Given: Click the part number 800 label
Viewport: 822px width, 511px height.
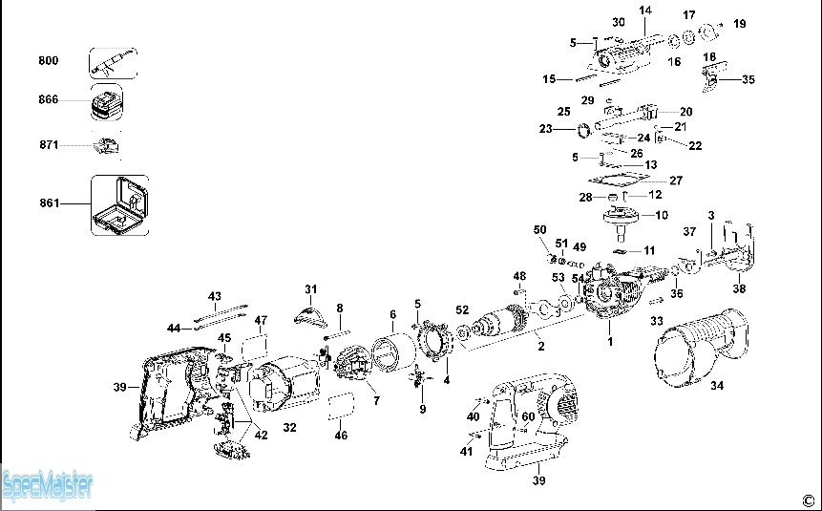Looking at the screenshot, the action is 49,60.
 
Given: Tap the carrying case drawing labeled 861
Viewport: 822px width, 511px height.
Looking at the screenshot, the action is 120,205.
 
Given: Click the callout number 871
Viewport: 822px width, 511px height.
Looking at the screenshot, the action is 49,144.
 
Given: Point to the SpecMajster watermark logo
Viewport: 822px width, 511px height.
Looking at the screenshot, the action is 48,486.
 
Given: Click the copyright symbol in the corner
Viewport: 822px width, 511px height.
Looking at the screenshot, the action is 808,500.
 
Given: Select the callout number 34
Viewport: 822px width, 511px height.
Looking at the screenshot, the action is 717,386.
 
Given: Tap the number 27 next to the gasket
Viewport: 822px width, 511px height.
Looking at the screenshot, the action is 676,181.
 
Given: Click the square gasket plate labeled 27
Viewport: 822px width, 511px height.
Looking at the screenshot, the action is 619,179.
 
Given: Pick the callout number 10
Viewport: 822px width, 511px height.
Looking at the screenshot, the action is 662,215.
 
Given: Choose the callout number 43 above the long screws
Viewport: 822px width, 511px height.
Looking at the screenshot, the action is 215,296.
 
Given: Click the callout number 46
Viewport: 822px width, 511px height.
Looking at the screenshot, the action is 341,435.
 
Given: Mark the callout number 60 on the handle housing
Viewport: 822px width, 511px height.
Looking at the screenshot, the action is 529,416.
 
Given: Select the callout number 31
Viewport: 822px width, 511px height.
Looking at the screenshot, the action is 311,289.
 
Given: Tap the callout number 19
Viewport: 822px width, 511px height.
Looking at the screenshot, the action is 739,24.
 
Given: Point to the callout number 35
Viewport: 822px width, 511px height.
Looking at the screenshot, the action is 748,79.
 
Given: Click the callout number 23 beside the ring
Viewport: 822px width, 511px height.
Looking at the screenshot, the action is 546,129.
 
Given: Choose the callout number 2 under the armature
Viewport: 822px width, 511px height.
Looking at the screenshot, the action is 541,347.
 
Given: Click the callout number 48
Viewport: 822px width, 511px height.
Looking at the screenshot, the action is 519,276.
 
